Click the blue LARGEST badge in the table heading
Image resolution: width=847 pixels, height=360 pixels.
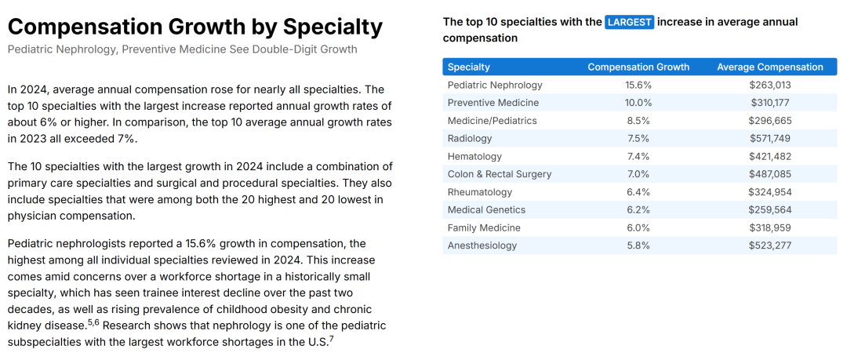click(629, 22)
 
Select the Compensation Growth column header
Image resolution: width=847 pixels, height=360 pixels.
click(638, 67)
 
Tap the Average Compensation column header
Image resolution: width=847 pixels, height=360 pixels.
click(770, 67)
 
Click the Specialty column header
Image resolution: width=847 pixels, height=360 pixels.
click(469, 67)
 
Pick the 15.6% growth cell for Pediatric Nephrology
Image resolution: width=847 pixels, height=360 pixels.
click(638, 85)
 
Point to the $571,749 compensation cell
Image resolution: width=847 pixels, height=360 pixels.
click(770, 138)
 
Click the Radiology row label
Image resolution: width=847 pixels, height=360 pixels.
click(470, 138)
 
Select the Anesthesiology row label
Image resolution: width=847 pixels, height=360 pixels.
click(482, 245)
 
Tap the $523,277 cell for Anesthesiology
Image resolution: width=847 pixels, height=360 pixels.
click(770, 245)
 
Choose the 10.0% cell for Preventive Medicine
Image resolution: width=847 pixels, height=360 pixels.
click(638, 103)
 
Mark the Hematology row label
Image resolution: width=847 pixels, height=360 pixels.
click(474, 156)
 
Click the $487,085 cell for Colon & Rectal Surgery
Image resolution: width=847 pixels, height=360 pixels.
click(770, 174)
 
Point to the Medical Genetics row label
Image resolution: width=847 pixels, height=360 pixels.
click(486, 209)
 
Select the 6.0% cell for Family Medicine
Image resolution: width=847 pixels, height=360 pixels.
click(638, 227)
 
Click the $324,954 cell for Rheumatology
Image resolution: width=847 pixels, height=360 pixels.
click(770, 192)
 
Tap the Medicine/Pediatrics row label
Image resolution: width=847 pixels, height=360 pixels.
click(492, 121)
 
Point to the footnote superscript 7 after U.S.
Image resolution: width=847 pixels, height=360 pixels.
click(332, 338)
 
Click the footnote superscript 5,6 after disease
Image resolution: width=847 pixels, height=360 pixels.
click(93, 322)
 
